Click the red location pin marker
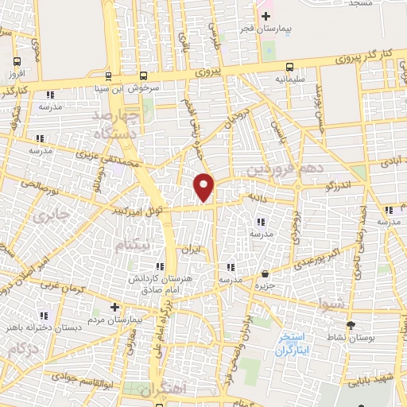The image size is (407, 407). (204, 186)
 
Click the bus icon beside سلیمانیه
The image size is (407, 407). (290, 67)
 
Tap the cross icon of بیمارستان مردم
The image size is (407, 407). (114, 307)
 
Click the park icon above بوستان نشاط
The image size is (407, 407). (351, 326)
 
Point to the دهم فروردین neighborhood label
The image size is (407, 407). (274, 169)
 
